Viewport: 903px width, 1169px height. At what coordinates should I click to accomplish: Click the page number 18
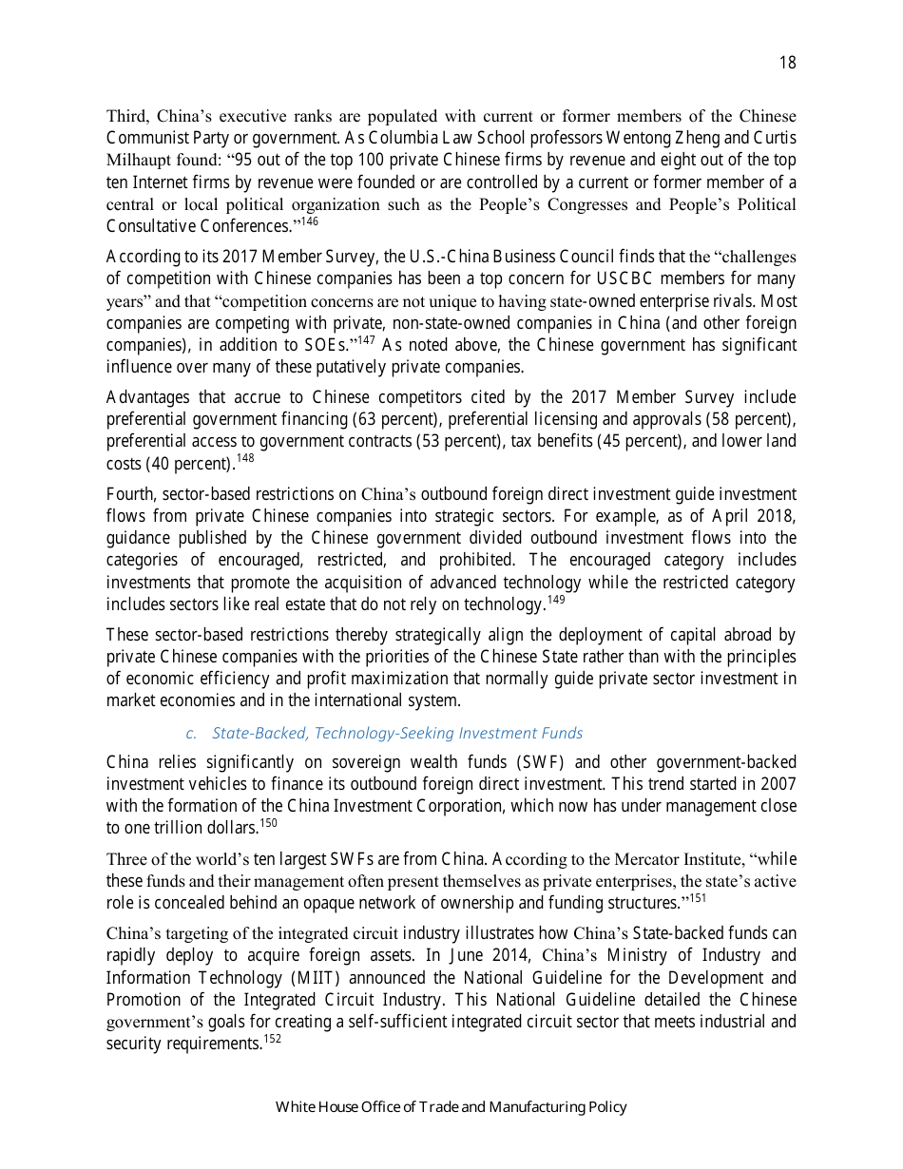coord(787,63)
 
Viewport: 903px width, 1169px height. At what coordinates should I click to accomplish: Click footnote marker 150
coord(268,822)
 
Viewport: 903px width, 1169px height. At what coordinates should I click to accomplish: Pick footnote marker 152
coord(271,1039)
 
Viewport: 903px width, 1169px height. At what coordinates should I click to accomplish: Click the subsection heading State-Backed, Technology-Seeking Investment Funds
coord(396,733)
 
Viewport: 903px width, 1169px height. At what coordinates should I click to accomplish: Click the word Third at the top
coord(125,116)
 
